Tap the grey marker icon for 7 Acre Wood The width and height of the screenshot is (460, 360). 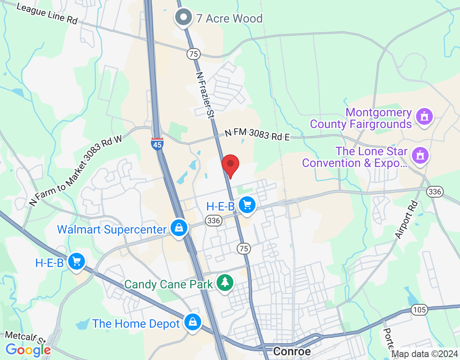coord(183,17)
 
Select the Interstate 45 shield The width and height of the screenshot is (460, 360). coord(157,143)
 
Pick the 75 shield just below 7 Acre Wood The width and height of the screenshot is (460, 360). coord(193,54)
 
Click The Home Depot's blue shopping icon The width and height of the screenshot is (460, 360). coord(193,322)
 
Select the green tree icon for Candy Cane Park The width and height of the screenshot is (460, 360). coord(225,283)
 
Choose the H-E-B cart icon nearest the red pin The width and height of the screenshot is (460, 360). coord(247,205)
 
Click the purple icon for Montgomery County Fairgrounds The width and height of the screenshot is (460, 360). coord(424,116)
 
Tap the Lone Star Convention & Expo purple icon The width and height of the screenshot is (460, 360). coord(420,155)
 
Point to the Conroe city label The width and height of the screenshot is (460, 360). coord(292,351)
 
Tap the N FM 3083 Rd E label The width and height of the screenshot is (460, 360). coord(257,135)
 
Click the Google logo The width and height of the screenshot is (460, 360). coord(28,350)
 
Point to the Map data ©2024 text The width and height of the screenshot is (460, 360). coord(424,354)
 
